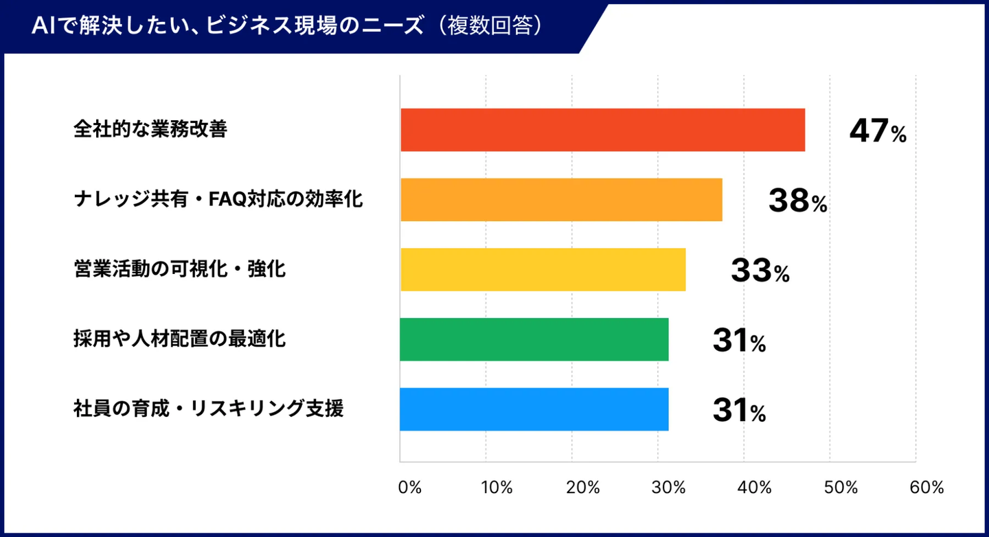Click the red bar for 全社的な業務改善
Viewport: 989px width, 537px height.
(602, 130)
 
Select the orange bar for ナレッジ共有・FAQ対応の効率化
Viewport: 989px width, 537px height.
(561, 200)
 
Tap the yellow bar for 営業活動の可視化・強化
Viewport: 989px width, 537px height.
(543, 269)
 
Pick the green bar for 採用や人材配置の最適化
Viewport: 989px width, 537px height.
(534, 339)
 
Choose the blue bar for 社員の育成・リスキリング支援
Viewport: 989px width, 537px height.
(534, 409)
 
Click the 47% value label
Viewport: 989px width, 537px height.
(878, 131)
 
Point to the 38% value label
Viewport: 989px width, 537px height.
(797, 201)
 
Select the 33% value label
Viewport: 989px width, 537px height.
(760, 271)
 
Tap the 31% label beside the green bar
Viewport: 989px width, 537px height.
(739, 341)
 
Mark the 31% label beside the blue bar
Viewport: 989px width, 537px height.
(739, 411)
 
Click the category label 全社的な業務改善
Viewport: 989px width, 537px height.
(150, 130)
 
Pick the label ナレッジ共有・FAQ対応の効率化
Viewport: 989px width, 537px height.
(218, 200)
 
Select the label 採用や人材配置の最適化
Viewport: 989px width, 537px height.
(179, 339)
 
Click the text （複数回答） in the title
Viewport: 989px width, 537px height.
(494, 25)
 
